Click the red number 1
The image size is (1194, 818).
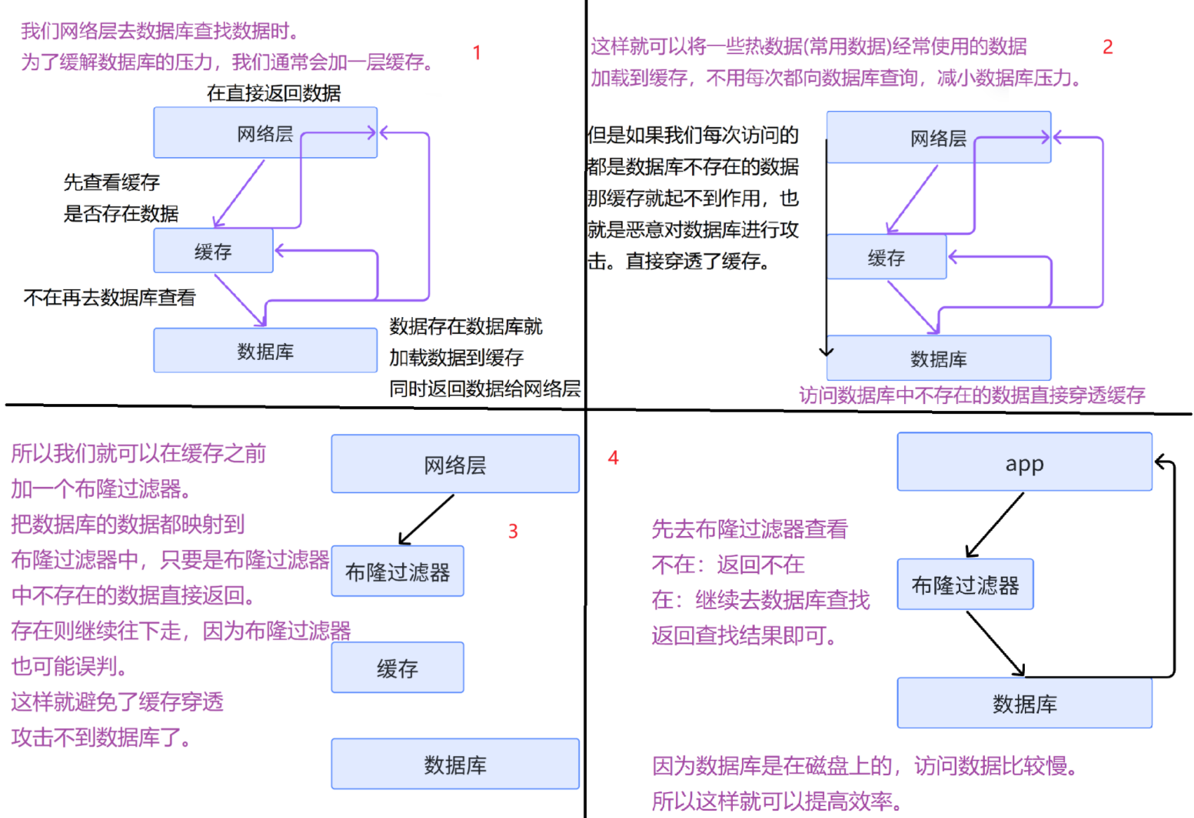tap(477, 53)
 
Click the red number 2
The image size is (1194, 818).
tap(1108, 47)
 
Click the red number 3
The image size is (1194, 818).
tap(513, 532)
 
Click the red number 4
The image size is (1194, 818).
tap(613, 458)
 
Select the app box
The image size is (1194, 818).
tap(1024, 462)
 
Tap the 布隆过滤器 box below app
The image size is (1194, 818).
tap(964, 584)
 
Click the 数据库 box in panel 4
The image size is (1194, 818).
tap(1024, 703)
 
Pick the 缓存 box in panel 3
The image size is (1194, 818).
tap(397, 668)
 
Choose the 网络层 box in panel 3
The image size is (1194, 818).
tap(455, 464)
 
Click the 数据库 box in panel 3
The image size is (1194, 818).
tap(455, 764)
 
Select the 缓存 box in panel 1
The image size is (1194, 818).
tap(213, 251)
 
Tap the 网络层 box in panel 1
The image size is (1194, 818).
tap(265, 133)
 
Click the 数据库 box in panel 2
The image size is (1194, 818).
tap(938, 358)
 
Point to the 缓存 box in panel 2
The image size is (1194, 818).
tap(886, 257)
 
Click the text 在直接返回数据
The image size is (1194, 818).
tap(274, 93)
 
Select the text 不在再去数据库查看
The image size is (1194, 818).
tap(110, 298)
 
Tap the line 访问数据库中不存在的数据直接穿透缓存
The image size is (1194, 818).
tap(971, 396)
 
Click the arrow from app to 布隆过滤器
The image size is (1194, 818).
tap(995, 525)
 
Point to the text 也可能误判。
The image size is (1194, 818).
tap(69, 666)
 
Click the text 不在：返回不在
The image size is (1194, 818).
tap(727, 565)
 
